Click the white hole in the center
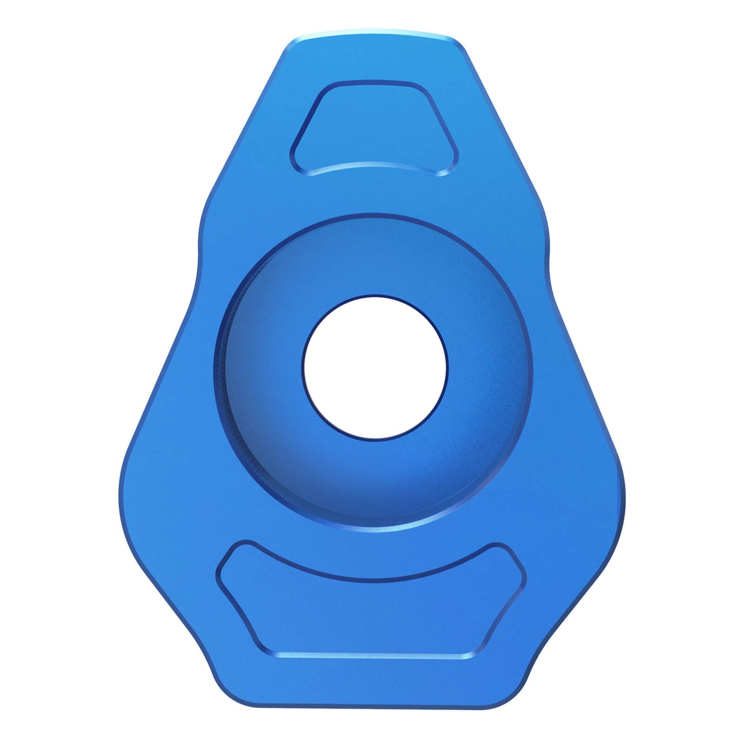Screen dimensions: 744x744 tap(375, 368)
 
